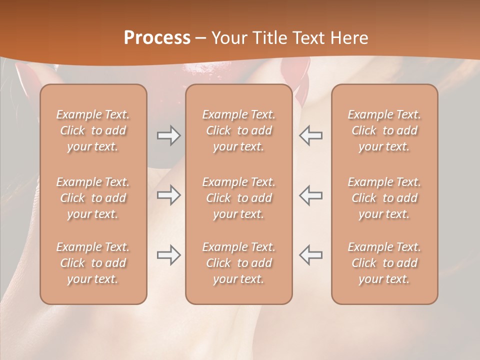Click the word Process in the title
click(157, 38)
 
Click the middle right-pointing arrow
click(168, 195)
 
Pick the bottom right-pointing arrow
click(168, 255)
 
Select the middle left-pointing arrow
click(311, 195)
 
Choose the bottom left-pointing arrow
click(311, 255)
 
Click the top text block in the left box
click(93, 130)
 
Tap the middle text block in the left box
click(93, 198)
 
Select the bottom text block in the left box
click(93, 263)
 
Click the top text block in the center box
click(238, 130)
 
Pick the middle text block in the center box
click(238, 198)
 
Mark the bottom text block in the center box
click(238, 263)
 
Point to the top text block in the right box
click(384, 130)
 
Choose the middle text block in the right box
click(384, 198)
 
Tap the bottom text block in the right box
click(384, 263)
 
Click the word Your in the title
click(227, 38)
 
